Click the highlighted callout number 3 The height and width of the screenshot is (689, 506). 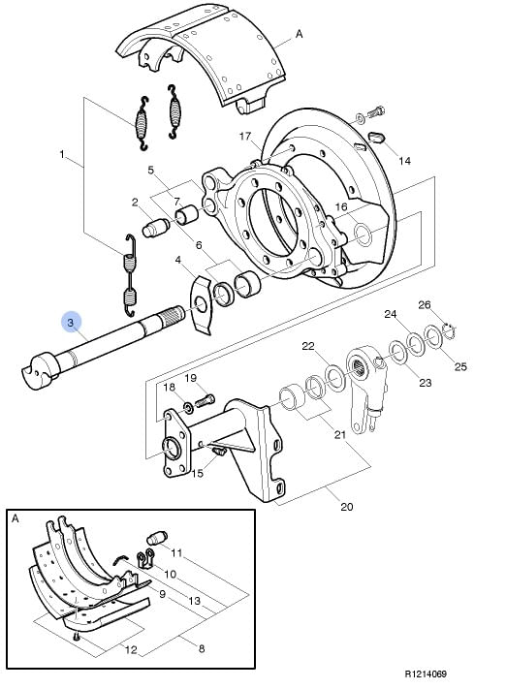pyautogui.click(x=71, y=323)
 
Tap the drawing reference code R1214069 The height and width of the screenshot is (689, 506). pyautogui.click(x=426, y=673)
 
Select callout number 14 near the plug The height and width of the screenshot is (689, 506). pyautogui.click(x=404, y=161)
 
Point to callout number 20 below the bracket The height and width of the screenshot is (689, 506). pyautogui.click(x=347, y=507)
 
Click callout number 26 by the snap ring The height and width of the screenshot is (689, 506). pyautogui.click(x=425, y=304)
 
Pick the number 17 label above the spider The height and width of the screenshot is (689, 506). pyautogui.click(x=245, y=137)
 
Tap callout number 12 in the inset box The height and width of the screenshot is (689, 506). pyautogui.click(x=131, y=649)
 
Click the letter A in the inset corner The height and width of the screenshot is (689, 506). pyautogui.click(x=16, y=518)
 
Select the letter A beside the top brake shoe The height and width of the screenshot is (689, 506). pyautogui.click(x=299, y=34)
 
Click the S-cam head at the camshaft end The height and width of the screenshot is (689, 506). pyautogui.click(x=40, y=370)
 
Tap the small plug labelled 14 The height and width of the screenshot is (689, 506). pyautogui.click(x=376, y=137)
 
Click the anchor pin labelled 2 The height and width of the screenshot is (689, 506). pyautogui.click(x=156, y=227)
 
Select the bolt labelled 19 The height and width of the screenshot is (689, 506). pyautogui.click(x=204, y=401)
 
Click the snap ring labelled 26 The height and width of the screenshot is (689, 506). pyautogui.click(x=449, y=331)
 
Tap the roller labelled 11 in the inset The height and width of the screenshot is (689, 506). pyautogui.click(x=157, y=537)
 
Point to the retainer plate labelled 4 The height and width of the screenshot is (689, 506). pyautogui.click(x=202, y=304)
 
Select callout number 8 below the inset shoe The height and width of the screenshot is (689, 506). pyautogui.click(x=202, y=648)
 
